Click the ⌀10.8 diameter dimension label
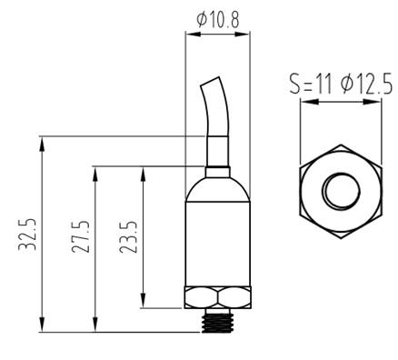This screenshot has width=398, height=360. pos(218,20)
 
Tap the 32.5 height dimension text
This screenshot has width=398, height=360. pos(27,235)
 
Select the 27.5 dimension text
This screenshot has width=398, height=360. pos(81,237)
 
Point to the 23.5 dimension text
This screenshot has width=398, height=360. pos(128,237)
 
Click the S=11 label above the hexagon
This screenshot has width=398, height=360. pos(311,84)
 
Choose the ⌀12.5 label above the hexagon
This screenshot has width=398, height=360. pos(366,84)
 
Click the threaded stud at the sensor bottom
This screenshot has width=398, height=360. pos(218,321)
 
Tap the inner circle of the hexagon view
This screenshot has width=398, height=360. pos(341,191)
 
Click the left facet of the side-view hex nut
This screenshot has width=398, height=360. pos(202,297)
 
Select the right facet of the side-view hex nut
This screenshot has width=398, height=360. pos(234,297)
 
